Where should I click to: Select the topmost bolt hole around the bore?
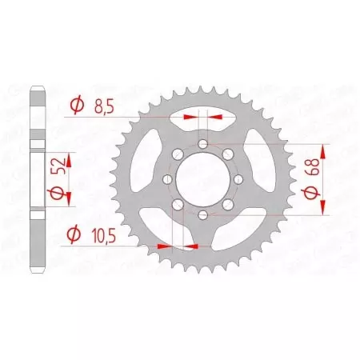click(x=203, y=144)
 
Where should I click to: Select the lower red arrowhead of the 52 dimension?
click(x=69, y=198)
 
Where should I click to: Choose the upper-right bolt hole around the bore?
click(x=229, y=154)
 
